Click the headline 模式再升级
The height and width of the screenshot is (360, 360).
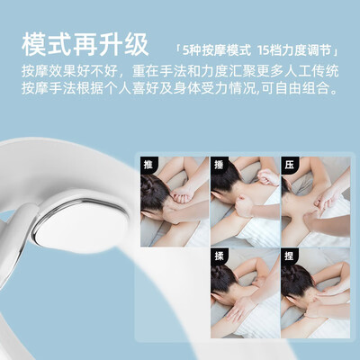click(x=85, y=45)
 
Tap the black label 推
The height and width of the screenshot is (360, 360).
click(x=148, y=165)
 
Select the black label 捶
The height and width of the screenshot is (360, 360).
click(x=219, y=165)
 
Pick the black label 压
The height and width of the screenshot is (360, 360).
click(x=289, y=165)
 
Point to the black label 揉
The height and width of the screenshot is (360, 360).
click(x=219, y=256)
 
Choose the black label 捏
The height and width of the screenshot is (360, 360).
click(x=289, y=256)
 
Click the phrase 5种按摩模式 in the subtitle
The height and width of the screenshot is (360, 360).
click(x=217, y=50)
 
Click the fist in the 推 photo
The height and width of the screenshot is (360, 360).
click(x=179, y=194)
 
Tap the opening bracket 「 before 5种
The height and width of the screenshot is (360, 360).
click(x=178, y=50)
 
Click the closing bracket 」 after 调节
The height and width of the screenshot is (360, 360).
click(x=336, y=50)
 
